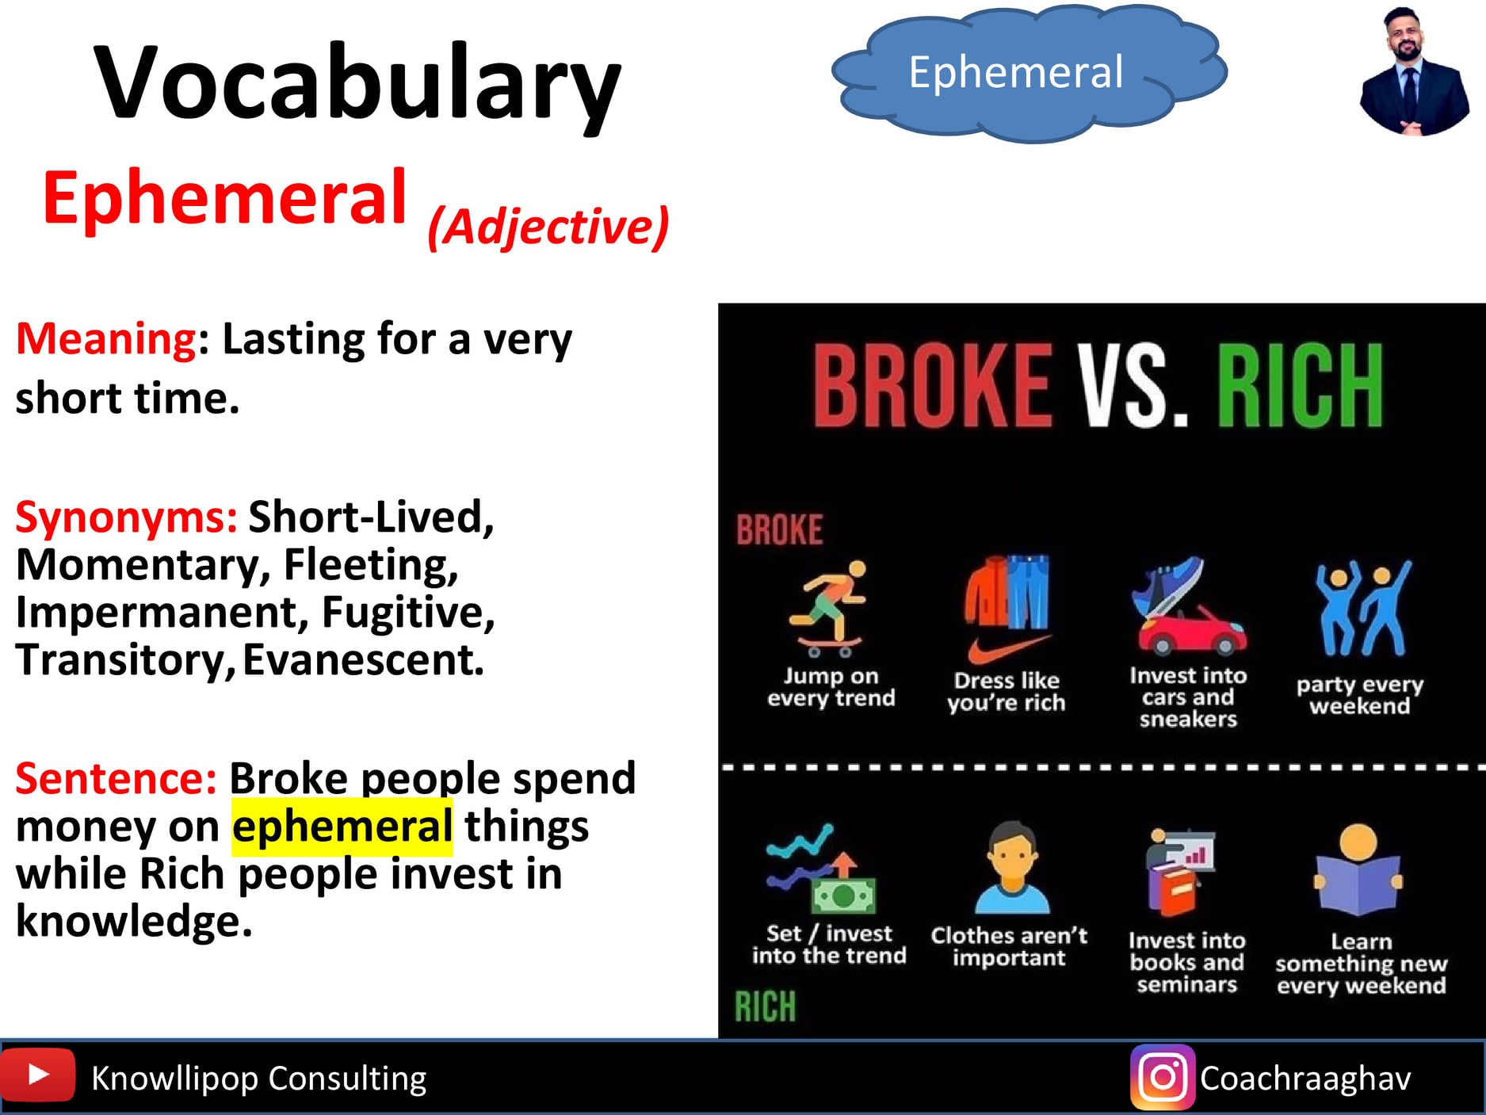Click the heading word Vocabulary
click(x=357, y=86)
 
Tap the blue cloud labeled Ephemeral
click(x=1029, y=73)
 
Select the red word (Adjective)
click(x=548, y=227)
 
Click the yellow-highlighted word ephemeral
click(x=342, y=827)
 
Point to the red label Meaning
click(x=106, y=339)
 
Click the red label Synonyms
click(x=126, y=517)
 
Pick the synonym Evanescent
click(x=363, y=660)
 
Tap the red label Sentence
click(x=116, y=778)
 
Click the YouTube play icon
click(x=37, y=1075)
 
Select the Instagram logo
click(x=1163, y=1077)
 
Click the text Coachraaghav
click(x=1305, y=1079)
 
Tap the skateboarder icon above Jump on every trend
click(x=828, y=608)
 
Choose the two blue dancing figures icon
click(x=1362, y=608)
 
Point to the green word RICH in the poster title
click(x=1300, y=386)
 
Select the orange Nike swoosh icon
click(x=1009, y=650)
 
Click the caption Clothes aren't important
click(x=1009, y=947)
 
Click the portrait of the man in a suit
click(x=1414, y=72)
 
